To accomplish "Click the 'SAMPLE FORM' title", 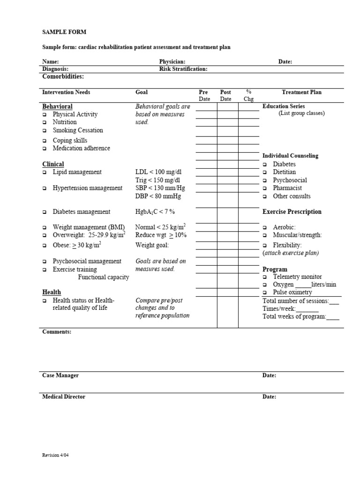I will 64,32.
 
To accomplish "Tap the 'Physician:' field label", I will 172,61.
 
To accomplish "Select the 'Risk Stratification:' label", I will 183,69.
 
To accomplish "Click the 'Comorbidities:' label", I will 63,76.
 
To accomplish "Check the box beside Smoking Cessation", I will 45,131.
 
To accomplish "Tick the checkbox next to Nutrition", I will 45,122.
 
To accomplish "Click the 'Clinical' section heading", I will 53,164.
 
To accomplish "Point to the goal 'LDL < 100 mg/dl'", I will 158,172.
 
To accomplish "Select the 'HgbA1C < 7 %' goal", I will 155,212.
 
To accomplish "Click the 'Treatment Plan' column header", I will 301,92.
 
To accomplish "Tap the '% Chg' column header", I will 248,96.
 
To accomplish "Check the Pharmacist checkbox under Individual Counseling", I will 265,188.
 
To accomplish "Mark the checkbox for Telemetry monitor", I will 265,277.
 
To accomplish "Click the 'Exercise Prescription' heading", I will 292,212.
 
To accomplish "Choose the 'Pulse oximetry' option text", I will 292,292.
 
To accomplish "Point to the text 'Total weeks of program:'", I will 294,316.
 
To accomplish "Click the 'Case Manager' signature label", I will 60,375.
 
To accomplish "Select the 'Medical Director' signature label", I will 64,397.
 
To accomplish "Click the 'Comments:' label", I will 57,332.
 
